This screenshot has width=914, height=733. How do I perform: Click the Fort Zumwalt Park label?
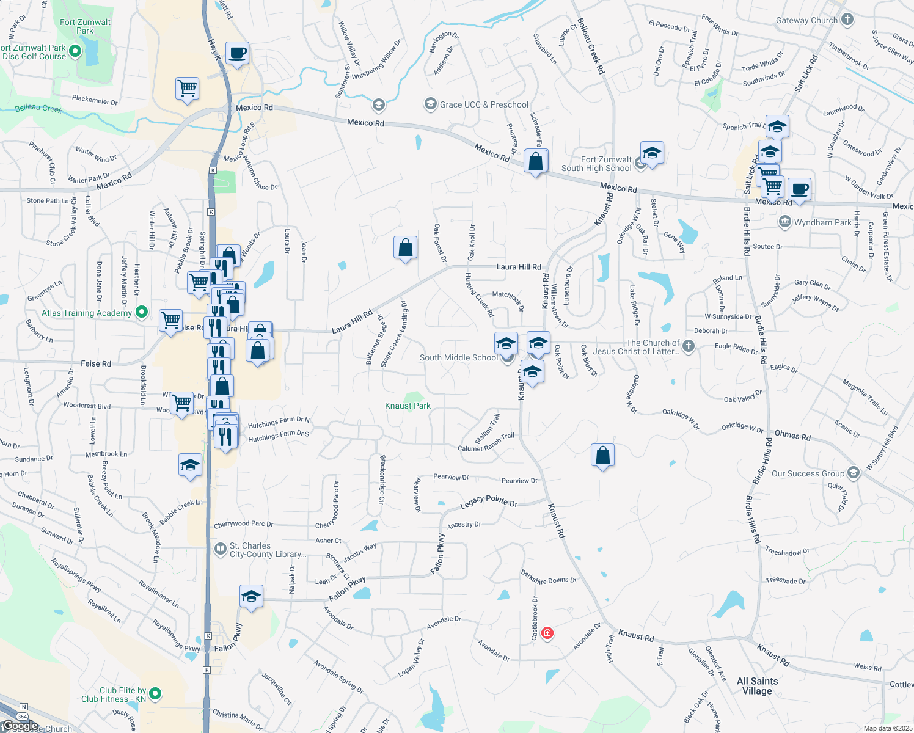[85, 26]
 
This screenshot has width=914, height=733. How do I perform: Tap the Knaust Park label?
[408, 406]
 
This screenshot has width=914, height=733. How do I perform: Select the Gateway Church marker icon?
[847, 20]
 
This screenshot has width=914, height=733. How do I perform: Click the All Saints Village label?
[757, 686]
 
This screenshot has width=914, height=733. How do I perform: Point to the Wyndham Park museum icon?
[785, 222]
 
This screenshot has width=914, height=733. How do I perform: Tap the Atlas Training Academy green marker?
[142, 313]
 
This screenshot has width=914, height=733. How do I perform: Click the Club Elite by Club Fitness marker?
[155, 693]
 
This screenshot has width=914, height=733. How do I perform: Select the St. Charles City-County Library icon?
[220, 549]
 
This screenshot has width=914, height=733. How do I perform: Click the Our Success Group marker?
[854, 473]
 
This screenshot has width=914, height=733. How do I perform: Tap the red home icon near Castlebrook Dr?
[547, 633]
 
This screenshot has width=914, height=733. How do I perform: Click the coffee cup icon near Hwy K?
[237, 53]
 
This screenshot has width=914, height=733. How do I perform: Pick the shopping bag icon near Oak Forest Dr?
[405, 248]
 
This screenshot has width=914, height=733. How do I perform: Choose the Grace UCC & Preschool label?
[484, 104]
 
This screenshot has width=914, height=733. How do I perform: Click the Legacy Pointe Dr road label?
[488, 502]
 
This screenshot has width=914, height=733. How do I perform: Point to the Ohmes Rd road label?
[792, 436]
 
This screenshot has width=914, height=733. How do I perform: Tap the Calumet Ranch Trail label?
[486, 443]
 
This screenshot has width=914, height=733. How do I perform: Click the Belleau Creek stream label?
[38, 109]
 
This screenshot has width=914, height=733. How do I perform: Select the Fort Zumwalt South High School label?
[596, 164]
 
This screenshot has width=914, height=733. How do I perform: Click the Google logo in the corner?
[21, 726]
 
